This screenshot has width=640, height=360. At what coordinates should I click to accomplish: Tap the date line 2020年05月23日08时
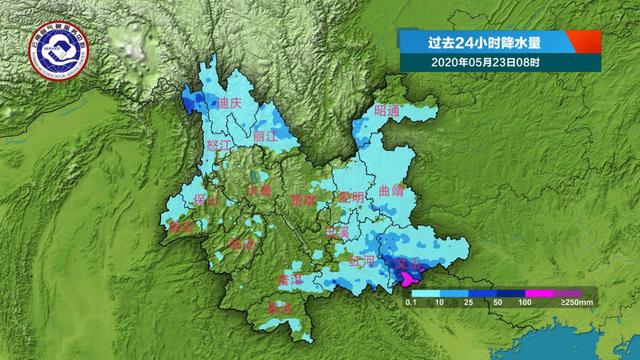476,62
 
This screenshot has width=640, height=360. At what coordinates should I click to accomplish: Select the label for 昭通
386,110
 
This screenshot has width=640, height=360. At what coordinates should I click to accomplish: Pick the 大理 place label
259,190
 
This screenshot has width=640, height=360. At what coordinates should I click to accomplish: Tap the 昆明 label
351,197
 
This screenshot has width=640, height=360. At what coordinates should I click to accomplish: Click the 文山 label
411,264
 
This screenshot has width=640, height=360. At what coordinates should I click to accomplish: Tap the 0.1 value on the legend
410,302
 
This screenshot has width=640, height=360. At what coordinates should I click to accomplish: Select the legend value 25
469,302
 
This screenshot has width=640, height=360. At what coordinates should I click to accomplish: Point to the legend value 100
523,302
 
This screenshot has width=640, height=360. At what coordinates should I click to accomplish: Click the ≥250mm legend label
577,302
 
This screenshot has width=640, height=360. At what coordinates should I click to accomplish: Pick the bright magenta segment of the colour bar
540,293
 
